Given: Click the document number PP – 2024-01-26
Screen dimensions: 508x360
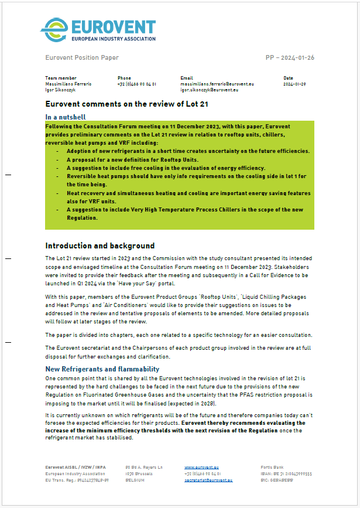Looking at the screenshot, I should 290,57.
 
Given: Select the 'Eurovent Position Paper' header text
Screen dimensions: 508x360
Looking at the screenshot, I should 82,57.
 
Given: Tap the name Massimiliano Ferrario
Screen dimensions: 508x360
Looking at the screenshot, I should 68,84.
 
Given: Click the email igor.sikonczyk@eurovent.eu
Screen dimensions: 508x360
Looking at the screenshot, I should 209,90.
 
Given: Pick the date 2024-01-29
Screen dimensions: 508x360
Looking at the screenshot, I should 294,84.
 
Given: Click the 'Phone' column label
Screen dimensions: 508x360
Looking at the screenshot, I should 124,78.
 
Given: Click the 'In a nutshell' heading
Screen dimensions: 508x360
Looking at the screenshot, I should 69,117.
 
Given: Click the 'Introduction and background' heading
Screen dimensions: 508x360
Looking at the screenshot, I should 100,246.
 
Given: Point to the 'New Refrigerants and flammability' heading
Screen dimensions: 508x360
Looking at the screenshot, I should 102,369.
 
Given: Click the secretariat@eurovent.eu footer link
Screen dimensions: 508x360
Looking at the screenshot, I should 208,479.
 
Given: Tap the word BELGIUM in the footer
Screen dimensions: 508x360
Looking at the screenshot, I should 135,479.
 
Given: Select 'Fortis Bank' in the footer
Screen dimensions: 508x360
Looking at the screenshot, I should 272,467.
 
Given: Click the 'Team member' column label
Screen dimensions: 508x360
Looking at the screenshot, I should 61,78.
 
